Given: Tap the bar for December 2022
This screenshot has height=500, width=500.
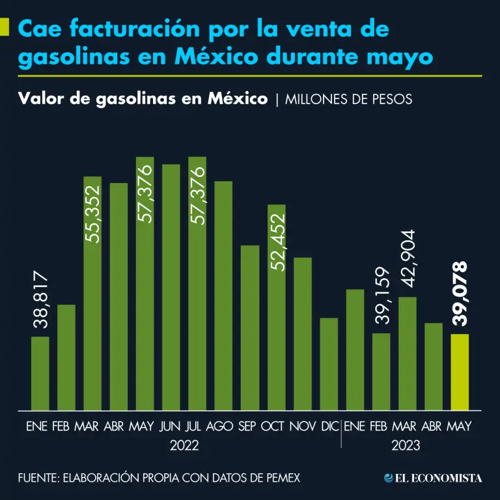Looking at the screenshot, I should [x=329, y=364].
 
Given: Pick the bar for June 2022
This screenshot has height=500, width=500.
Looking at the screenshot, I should [x=171, y=286].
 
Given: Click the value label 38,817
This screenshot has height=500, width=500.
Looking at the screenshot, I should [x=40, y=301].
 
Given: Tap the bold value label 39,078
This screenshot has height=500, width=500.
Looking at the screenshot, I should [x=459, y=294].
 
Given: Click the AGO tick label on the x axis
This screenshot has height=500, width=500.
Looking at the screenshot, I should [x=219, y=426].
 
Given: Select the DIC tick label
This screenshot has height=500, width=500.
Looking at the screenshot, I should [x=329, y=426].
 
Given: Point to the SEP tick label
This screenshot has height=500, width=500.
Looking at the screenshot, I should [x=247, y=426].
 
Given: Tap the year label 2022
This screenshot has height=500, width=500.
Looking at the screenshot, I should [x=184, y=447].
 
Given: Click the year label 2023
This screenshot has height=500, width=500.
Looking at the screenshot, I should [x=406, y=447].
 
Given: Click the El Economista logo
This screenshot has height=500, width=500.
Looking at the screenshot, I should [x=433, y=478].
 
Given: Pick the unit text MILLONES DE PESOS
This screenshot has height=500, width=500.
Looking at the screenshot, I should [x=348, y=100].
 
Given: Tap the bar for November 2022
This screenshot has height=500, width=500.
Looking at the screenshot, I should [x=303, y=334].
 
